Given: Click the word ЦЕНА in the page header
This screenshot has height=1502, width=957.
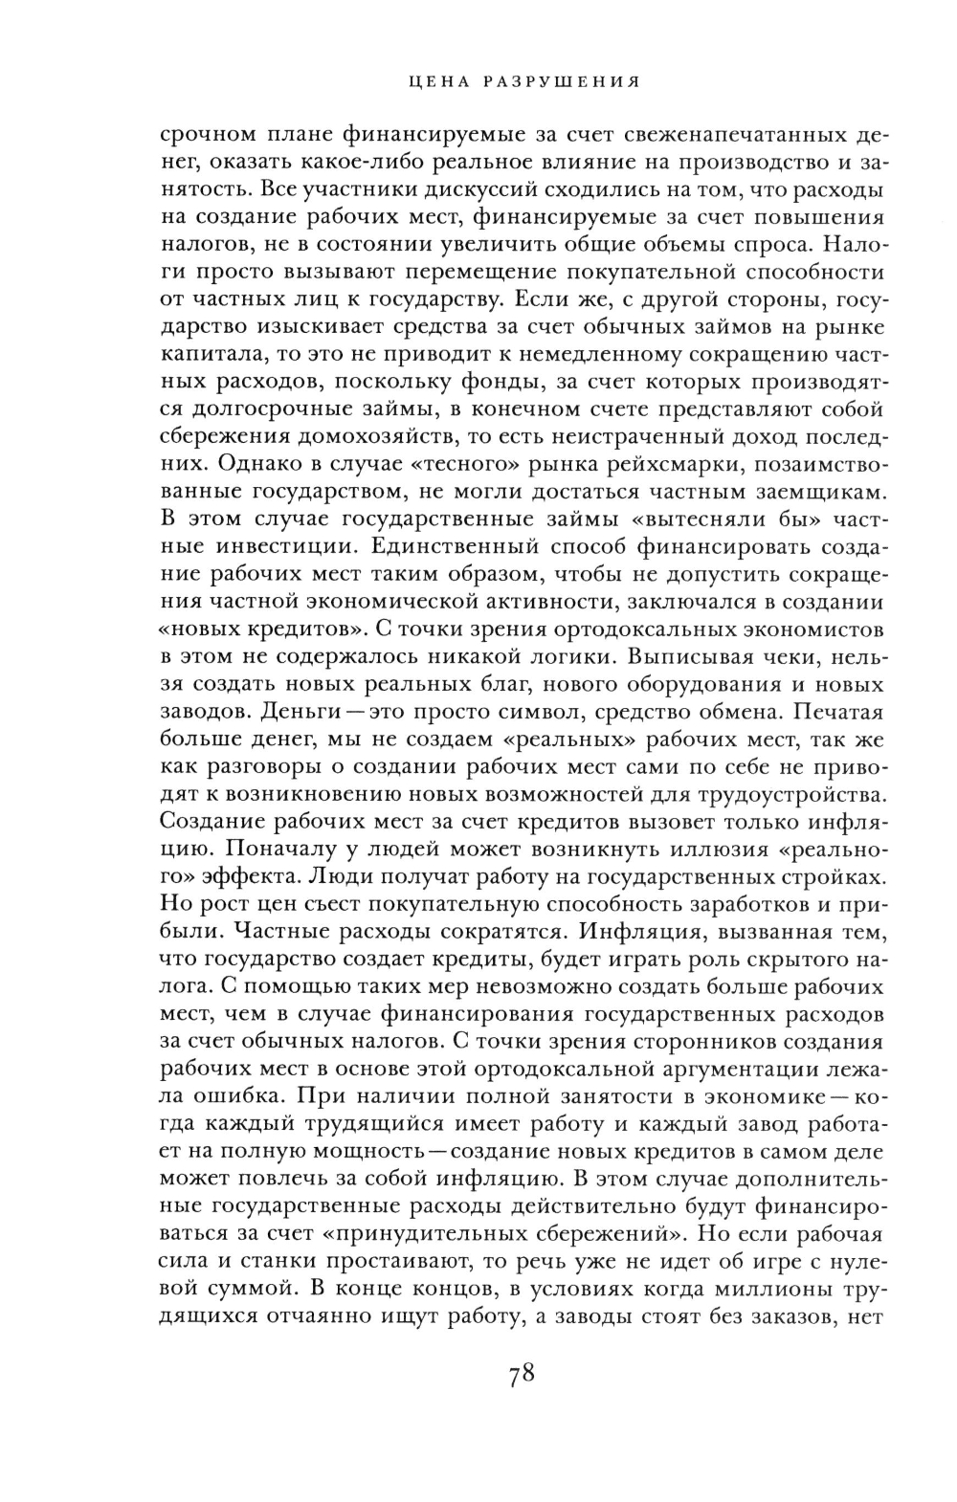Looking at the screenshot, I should click(x=434, y=82).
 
